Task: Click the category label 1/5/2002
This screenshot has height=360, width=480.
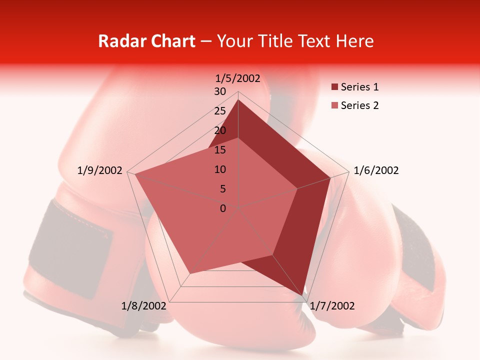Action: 238,78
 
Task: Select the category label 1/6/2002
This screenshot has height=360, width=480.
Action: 376,170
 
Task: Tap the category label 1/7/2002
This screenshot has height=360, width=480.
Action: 332,306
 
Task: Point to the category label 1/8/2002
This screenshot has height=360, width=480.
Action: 143,306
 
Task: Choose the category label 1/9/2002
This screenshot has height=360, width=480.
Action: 100,170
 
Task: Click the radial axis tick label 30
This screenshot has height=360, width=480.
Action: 220,91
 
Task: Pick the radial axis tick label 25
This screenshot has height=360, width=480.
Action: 220,111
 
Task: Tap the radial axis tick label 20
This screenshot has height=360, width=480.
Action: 220,130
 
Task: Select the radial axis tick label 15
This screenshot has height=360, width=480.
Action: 220,150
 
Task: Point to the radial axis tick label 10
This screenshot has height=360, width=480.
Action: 220,169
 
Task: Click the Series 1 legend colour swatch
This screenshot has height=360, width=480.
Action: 334,87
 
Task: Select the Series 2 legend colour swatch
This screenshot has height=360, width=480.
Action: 334,105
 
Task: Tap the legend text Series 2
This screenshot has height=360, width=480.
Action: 359,105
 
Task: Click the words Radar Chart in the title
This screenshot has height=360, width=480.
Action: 146,41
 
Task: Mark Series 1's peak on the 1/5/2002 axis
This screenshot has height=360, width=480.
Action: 238,100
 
